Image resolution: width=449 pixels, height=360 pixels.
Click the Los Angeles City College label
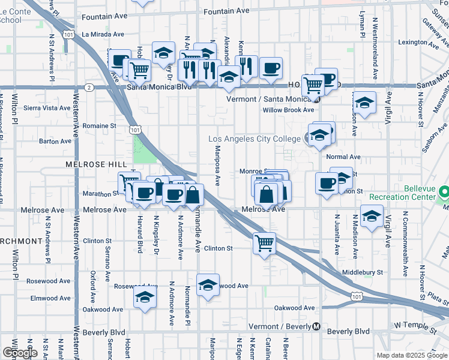tap(254, 139)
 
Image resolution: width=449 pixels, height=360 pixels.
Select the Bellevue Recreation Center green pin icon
tap(444, 193)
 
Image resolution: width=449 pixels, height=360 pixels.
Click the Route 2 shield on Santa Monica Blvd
tap(89, 87)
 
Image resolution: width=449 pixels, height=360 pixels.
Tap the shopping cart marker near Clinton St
tap(264, 244)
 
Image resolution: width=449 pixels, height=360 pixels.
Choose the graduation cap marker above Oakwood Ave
tap(145, 298)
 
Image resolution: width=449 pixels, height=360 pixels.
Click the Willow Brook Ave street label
tap(288, 110)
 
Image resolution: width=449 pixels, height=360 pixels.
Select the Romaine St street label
tap(99, 126)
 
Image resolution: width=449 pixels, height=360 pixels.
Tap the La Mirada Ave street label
tap(103, 34)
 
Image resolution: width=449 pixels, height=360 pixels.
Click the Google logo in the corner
tap(19, 353)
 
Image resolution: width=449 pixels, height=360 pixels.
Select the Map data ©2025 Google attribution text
tap(412, 355)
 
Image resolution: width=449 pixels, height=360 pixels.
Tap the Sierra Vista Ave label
tap(47, 108)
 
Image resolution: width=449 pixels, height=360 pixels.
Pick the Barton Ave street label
tap(55, 142)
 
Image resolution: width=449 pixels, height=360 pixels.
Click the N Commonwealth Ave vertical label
tap(406, 244)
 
